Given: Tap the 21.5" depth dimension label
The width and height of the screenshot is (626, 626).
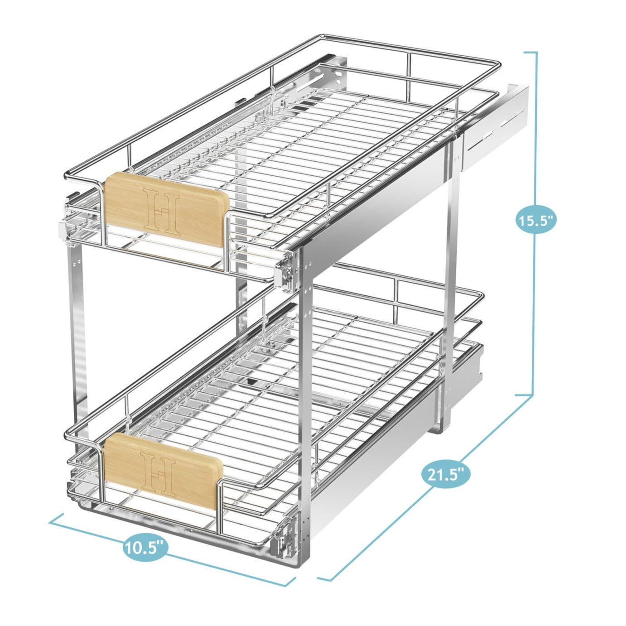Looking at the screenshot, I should pos(446,474).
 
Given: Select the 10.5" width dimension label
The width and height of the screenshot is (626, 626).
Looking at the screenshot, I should pos(144,548).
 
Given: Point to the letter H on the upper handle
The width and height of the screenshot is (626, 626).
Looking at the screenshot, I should pos(161,211).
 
